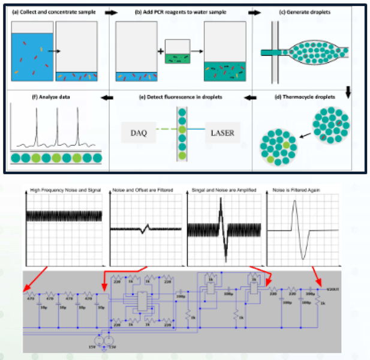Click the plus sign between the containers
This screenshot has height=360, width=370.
tap(161, 52)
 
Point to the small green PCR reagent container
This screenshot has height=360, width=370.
tap(178, 52)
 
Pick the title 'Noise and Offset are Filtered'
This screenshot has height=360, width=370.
tap(143, 191)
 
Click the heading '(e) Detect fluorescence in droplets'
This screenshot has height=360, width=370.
tap(178, 97)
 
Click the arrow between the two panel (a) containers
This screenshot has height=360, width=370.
tap(54, 52)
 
